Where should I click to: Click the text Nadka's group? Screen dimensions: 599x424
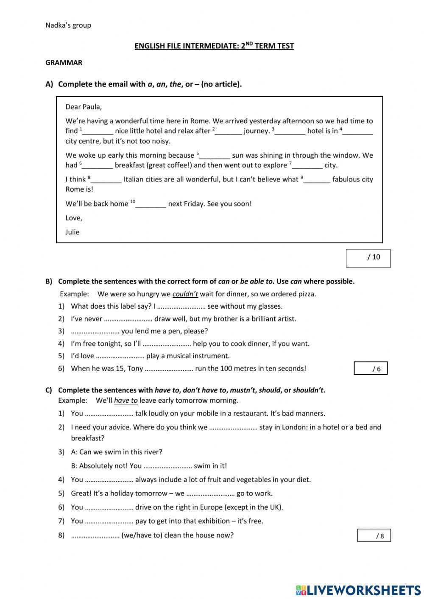(68, 25)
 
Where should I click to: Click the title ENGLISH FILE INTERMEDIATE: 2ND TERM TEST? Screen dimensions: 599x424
(214, 46)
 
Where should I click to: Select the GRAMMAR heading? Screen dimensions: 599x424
(64, 63)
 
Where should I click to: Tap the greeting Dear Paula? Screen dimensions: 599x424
(84, 107)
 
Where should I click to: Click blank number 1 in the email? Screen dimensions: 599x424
(98, 131)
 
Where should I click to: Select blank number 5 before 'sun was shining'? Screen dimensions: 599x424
(215, 156)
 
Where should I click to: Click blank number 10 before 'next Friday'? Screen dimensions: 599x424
(151, 204)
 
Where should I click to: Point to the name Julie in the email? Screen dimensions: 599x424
(73, 232)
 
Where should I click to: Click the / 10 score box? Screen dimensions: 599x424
(368, 258)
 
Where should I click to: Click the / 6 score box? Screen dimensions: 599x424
(371, 368)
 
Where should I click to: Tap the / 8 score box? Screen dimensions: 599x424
(374, 535)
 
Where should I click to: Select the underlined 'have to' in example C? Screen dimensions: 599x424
(126, 401)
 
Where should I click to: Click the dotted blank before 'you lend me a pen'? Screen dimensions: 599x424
(95, 331)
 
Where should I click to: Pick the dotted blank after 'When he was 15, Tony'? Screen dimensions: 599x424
(169, 368)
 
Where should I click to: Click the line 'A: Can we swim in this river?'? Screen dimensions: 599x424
(117, 452)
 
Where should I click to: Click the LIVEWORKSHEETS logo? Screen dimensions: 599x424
(358, 590)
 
